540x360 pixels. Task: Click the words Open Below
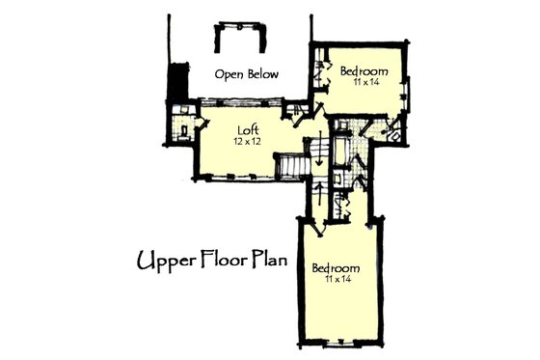click(247, 74)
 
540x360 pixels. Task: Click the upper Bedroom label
click(364, 71)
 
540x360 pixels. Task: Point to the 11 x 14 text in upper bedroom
click(364, 84)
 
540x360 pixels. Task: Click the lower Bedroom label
click(336, 267)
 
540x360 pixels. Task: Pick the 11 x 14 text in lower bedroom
click(336, 280)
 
